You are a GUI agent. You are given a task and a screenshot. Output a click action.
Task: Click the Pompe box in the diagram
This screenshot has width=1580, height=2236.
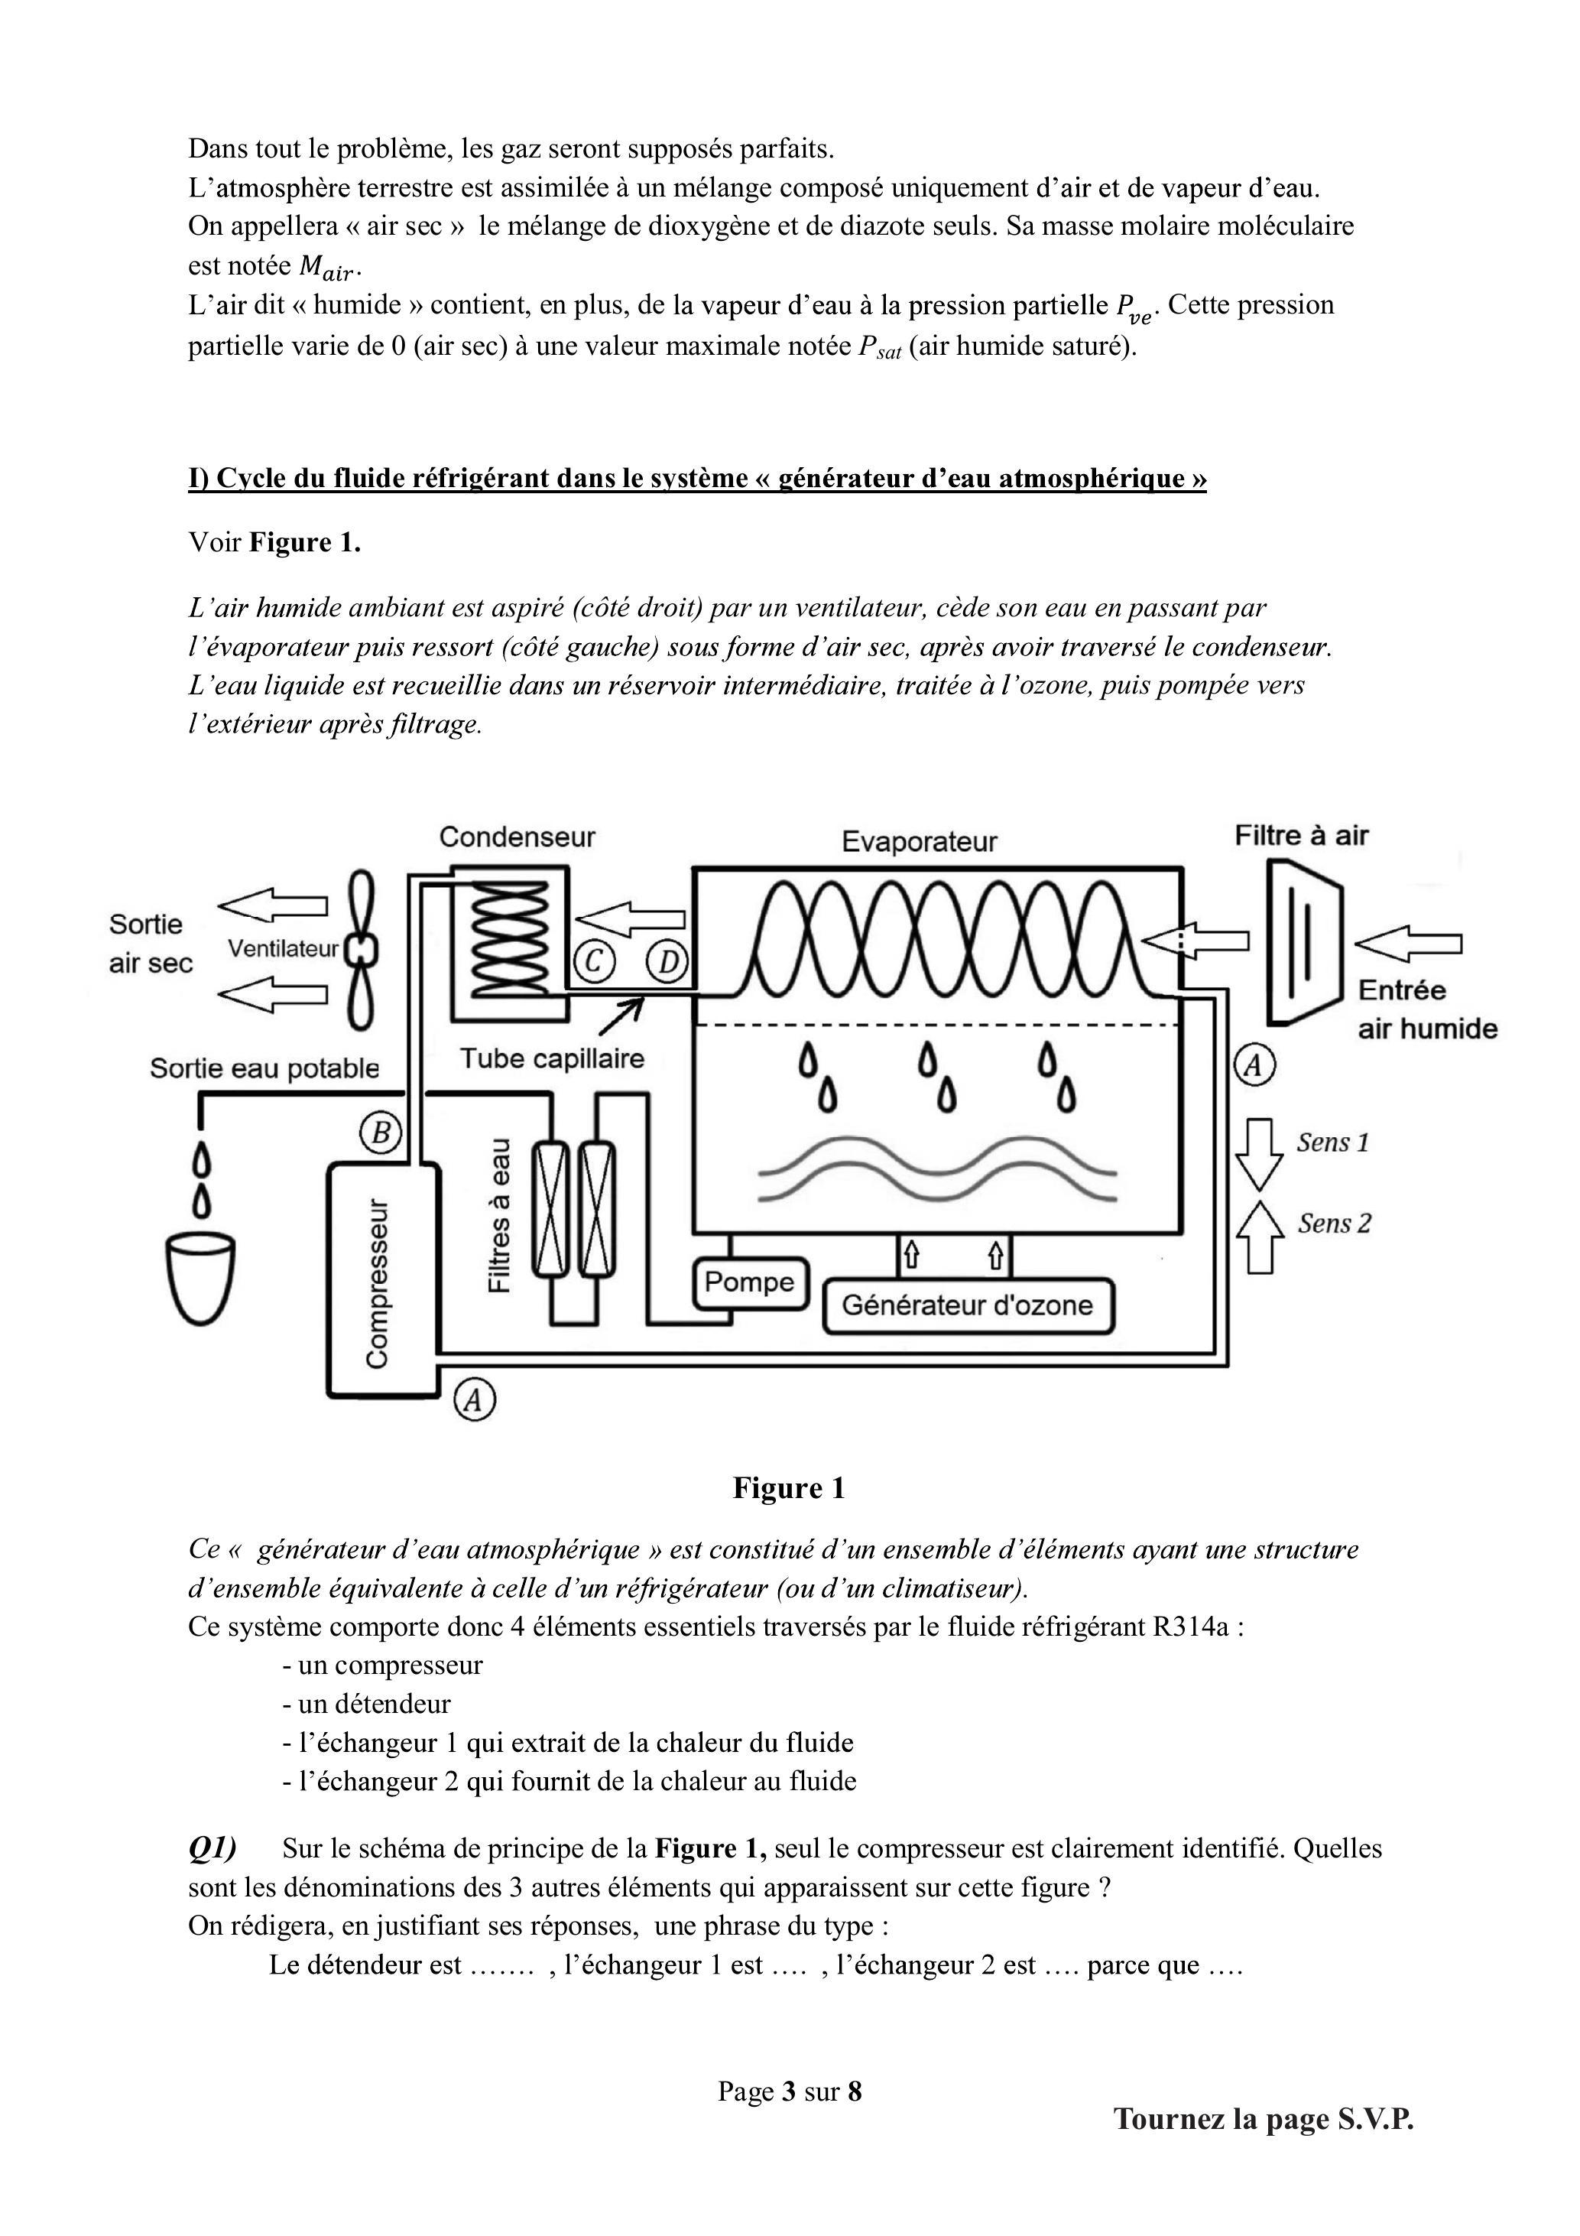point(750,1282)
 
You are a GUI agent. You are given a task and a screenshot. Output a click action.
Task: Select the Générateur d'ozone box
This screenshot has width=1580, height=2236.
point(968,1305)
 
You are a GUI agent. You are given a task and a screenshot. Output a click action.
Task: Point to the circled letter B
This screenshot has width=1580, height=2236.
point(381,1133)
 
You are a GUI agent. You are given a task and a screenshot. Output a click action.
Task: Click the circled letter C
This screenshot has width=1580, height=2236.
point(594,962)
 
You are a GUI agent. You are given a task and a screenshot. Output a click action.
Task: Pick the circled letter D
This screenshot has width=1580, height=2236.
point(668,962)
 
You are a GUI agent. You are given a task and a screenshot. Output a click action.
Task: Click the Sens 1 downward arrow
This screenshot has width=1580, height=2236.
point(1259,1155)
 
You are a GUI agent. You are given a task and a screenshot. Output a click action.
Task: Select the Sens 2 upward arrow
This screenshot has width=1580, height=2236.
point(1259,1237)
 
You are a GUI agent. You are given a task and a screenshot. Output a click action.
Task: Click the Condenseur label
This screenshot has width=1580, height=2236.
point(517,837)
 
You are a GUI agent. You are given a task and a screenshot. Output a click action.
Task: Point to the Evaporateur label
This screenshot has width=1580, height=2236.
point(919,841)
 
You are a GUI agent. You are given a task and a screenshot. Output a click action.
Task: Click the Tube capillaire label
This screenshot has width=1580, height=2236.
point(552,1058)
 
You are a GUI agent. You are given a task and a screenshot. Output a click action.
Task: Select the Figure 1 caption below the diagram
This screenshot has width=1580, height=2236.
point(789,1487)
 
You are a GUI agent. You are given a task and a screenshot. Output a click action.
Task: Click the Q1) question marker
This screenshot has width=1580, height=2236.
point(213,1848)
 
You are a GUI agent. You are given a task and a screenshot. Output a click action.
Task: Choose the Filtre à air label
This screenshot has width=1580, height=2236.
point(1302,836)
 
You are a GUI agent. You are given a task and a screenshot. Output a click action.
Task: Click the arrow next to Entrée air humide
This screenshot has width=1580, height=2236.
point(1408,944)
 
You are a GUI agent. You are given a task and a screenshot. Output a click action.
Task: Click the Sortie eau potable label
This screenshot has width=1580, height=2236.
point(264,1068)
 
